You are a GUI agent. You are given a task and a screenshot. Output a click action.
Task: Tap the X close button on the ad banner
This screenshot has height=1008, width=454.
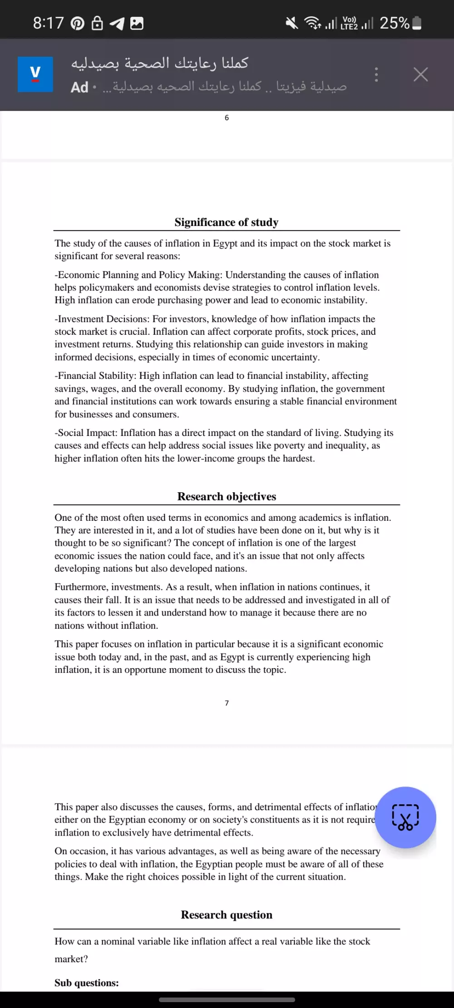[x=420, y=74]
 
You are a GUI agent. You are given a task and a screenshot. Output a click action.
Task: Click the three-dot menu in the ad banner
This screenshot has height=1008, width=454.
[x=376, y=74]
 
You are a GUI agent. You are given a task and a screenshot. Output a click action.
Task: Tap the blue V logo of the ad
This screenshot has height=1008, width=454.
[x=35, y=74]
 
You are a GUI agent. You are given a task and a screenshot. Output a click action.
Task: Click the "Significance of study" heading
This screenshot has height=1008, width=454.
[x=227, y=222]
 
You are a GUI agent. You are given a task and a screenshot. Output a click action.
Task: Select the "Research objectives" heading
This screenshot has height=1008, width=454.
[x=227, y=496]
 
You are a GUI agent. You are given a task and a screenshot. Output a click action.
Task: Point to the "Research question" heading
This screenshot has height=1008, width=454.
[x=227, y=915]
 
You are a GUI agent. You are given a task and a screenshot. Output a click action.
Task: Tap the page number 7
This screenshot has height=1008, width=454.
[x=227, y=703]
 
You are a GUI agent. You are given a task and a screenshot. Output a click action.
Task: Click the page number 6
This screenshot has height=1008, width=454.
[x=227, y=118]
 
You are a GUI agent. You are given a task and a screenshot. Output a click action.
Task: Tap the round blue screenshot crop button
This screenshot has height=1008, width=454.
[x=405, y=817]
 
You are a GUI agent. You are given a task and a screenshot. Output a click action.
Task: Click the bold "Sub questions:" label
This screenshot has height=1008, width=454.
[x=87, y=983]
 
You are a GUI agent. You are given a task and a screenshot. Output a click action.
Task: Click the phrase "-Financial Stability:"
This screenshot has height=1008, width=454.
[x=96, y=376]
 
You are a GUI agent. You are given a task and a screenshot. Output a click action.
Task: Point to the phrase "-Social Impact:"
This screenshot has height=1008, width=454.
[x=86, y=433]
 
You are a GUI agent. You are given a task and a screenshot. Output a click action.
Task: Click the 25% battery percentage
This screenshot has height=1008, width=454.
[x=395, y=23]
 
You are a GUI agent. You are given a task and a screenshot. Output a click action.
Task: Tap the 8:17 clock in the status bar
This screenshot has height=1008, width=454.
[x=48, y=23]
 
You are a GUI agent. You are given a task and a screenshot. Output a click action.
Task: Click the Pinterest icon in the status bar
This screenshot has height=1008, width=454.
[x=78, y=23]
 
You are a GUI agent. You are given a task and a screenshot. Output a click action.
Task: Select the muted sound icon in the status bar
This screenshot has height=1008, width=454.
[x=292, y=23]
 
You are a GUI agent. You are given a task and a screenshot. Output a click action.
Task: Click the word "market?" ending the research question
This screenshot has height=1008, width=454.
[x=71, y=959]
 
